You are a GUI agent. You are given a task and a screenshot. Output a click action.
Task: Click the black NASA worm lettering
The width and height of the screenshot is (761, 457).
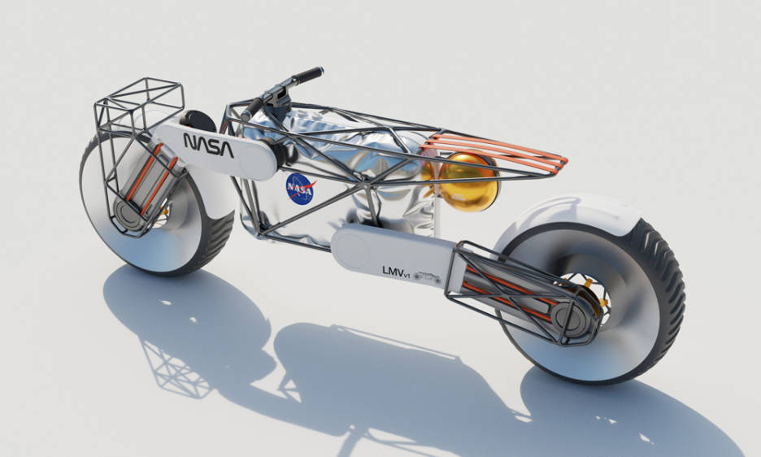(x=208, y=145)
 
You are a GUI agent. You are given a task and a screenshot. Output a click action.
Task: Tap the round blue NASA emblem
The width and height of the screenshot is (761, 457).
(x=300, y=188)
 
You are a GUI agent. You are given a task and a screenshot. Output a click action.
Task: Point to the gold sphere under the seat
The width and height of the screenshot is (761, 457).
(x=466, y=182)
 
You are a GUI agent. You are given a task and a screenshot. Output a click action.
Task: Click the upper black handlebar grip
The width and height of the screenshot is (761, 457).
(x=307, y=76)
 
